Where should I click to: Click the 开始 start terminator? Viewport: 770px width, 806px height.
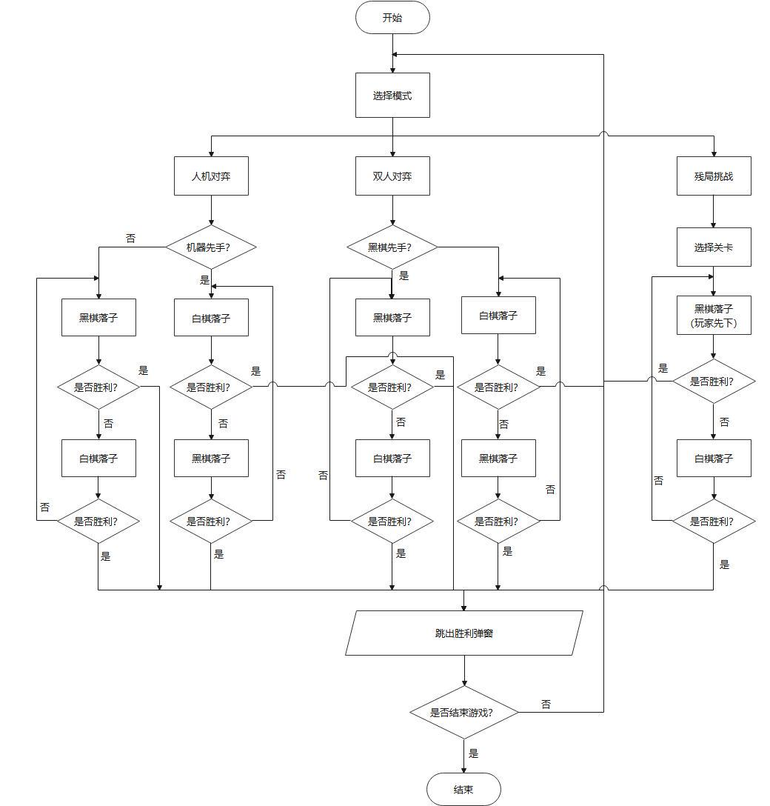point(392,18)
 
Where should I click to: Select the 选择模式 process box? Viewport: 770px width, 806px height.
point(392,96)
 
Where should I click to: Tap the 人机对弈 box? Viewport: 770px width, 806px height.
point(211,176)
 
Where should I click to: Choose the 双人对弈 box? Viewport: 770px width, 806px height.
point(392,176)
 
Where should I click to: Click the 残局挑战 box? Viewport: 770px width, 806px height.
point(714,176)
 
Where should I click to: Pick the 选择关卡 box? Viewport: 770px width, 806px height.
point(714,247)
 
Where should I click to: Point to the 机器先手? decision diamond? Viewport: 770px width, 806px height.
point(211,247)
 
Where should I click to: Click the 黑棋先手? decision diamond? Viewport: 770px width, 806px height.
point(392,247)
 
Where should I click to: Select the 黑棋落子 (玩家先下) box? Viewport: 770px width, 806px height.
point(714,316)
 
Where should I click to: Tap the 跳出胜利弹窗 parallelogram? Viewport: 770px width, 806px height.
point(464,633)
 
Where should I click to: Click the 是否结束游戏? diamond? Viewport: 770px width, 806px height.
point(464,713)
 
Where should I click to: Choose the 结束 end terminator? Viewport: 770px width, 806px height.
point(463,789)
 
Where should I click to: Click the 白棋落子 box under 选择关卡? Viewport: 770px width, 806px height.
point(714,459)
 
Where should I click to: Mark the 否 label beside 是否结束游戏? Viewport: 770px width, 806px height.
point(546,705)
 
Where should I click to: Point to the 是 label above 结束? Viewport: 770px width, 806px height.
point(474,754)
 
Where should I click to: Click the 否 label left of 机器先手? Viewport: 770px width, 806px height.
point(130,239)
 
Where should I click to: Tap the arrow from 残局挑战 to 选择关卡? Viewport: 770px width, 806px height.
point(714,212)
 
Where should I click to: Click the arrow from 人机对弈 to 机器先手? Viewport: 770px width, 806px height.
point(211,211)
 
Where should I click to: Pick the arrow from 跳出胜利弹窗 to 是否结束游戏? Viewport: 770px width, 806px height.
point(464,671)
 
